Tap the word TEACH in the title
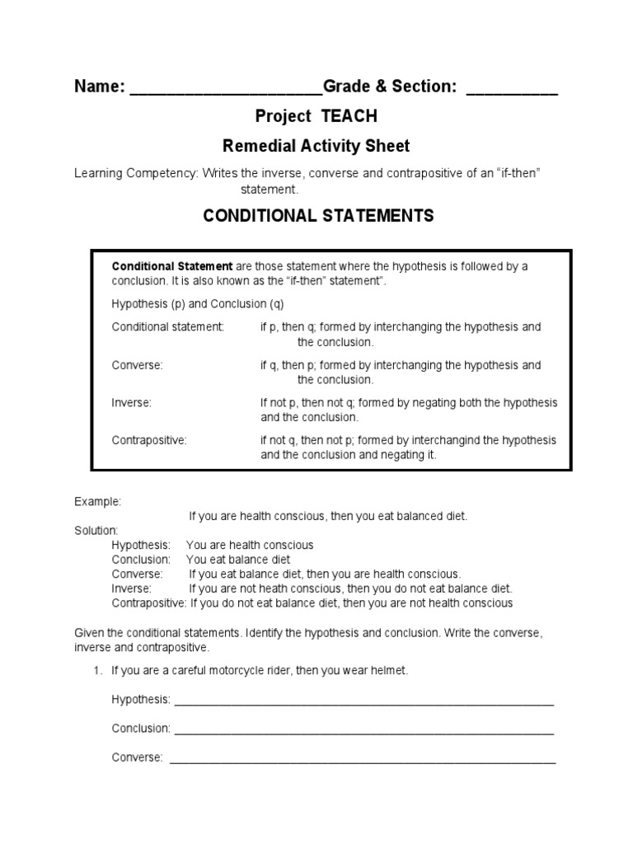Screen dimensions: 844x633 [349, 116]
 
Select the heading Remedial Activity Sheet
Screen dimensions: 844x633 [316, 147]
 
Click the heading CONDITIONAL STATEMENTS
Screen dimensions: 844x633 [318, 216]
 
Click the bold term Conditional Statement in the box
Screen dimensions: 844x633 [172, 266]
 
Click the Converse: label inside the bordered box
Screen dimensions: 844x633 [138, 365]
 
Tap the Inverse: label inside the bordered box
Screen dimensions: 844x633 [132, 403]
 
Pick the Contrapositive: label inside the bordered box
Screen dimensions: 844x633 [149, 440]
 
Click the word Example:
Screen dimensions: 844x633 [97, 501]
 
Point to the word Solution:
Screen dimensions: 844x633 [96, 530]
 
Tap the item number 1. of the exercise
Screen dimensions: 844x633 [97, 671]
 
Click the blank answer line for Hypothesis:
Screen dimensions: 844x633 [363, 701]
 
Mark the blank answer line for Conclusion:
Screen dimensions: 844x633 [363, 730]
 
